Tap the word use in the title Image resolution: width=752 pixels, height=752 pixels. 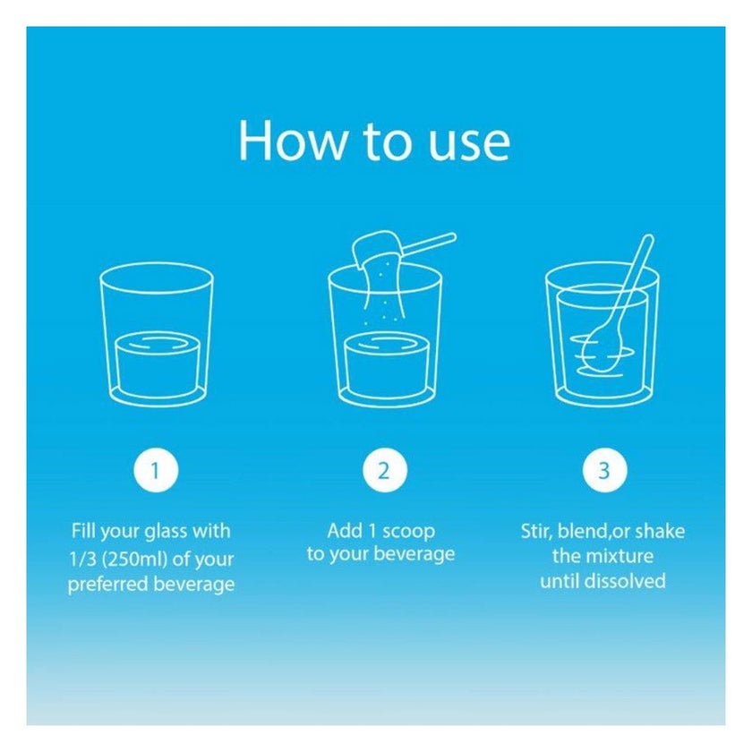pos(469,144)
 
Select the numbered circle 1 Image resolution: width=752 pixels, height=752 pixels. pos(156,471)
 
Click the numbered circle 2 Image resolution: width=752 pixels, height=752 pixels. pos(384,471)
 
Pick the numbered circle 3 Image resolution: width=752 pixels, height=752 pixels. pos(604,471)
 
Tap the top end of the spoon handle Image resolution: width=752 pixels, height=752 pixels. pos(649,238)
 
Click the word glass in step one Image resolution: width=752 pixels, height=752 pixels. pos(159,532)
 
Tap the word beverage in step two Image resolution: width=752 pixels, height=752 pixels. pos(414,554)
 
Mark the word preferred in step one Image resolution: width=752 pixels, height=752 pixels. pos(108,584)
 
